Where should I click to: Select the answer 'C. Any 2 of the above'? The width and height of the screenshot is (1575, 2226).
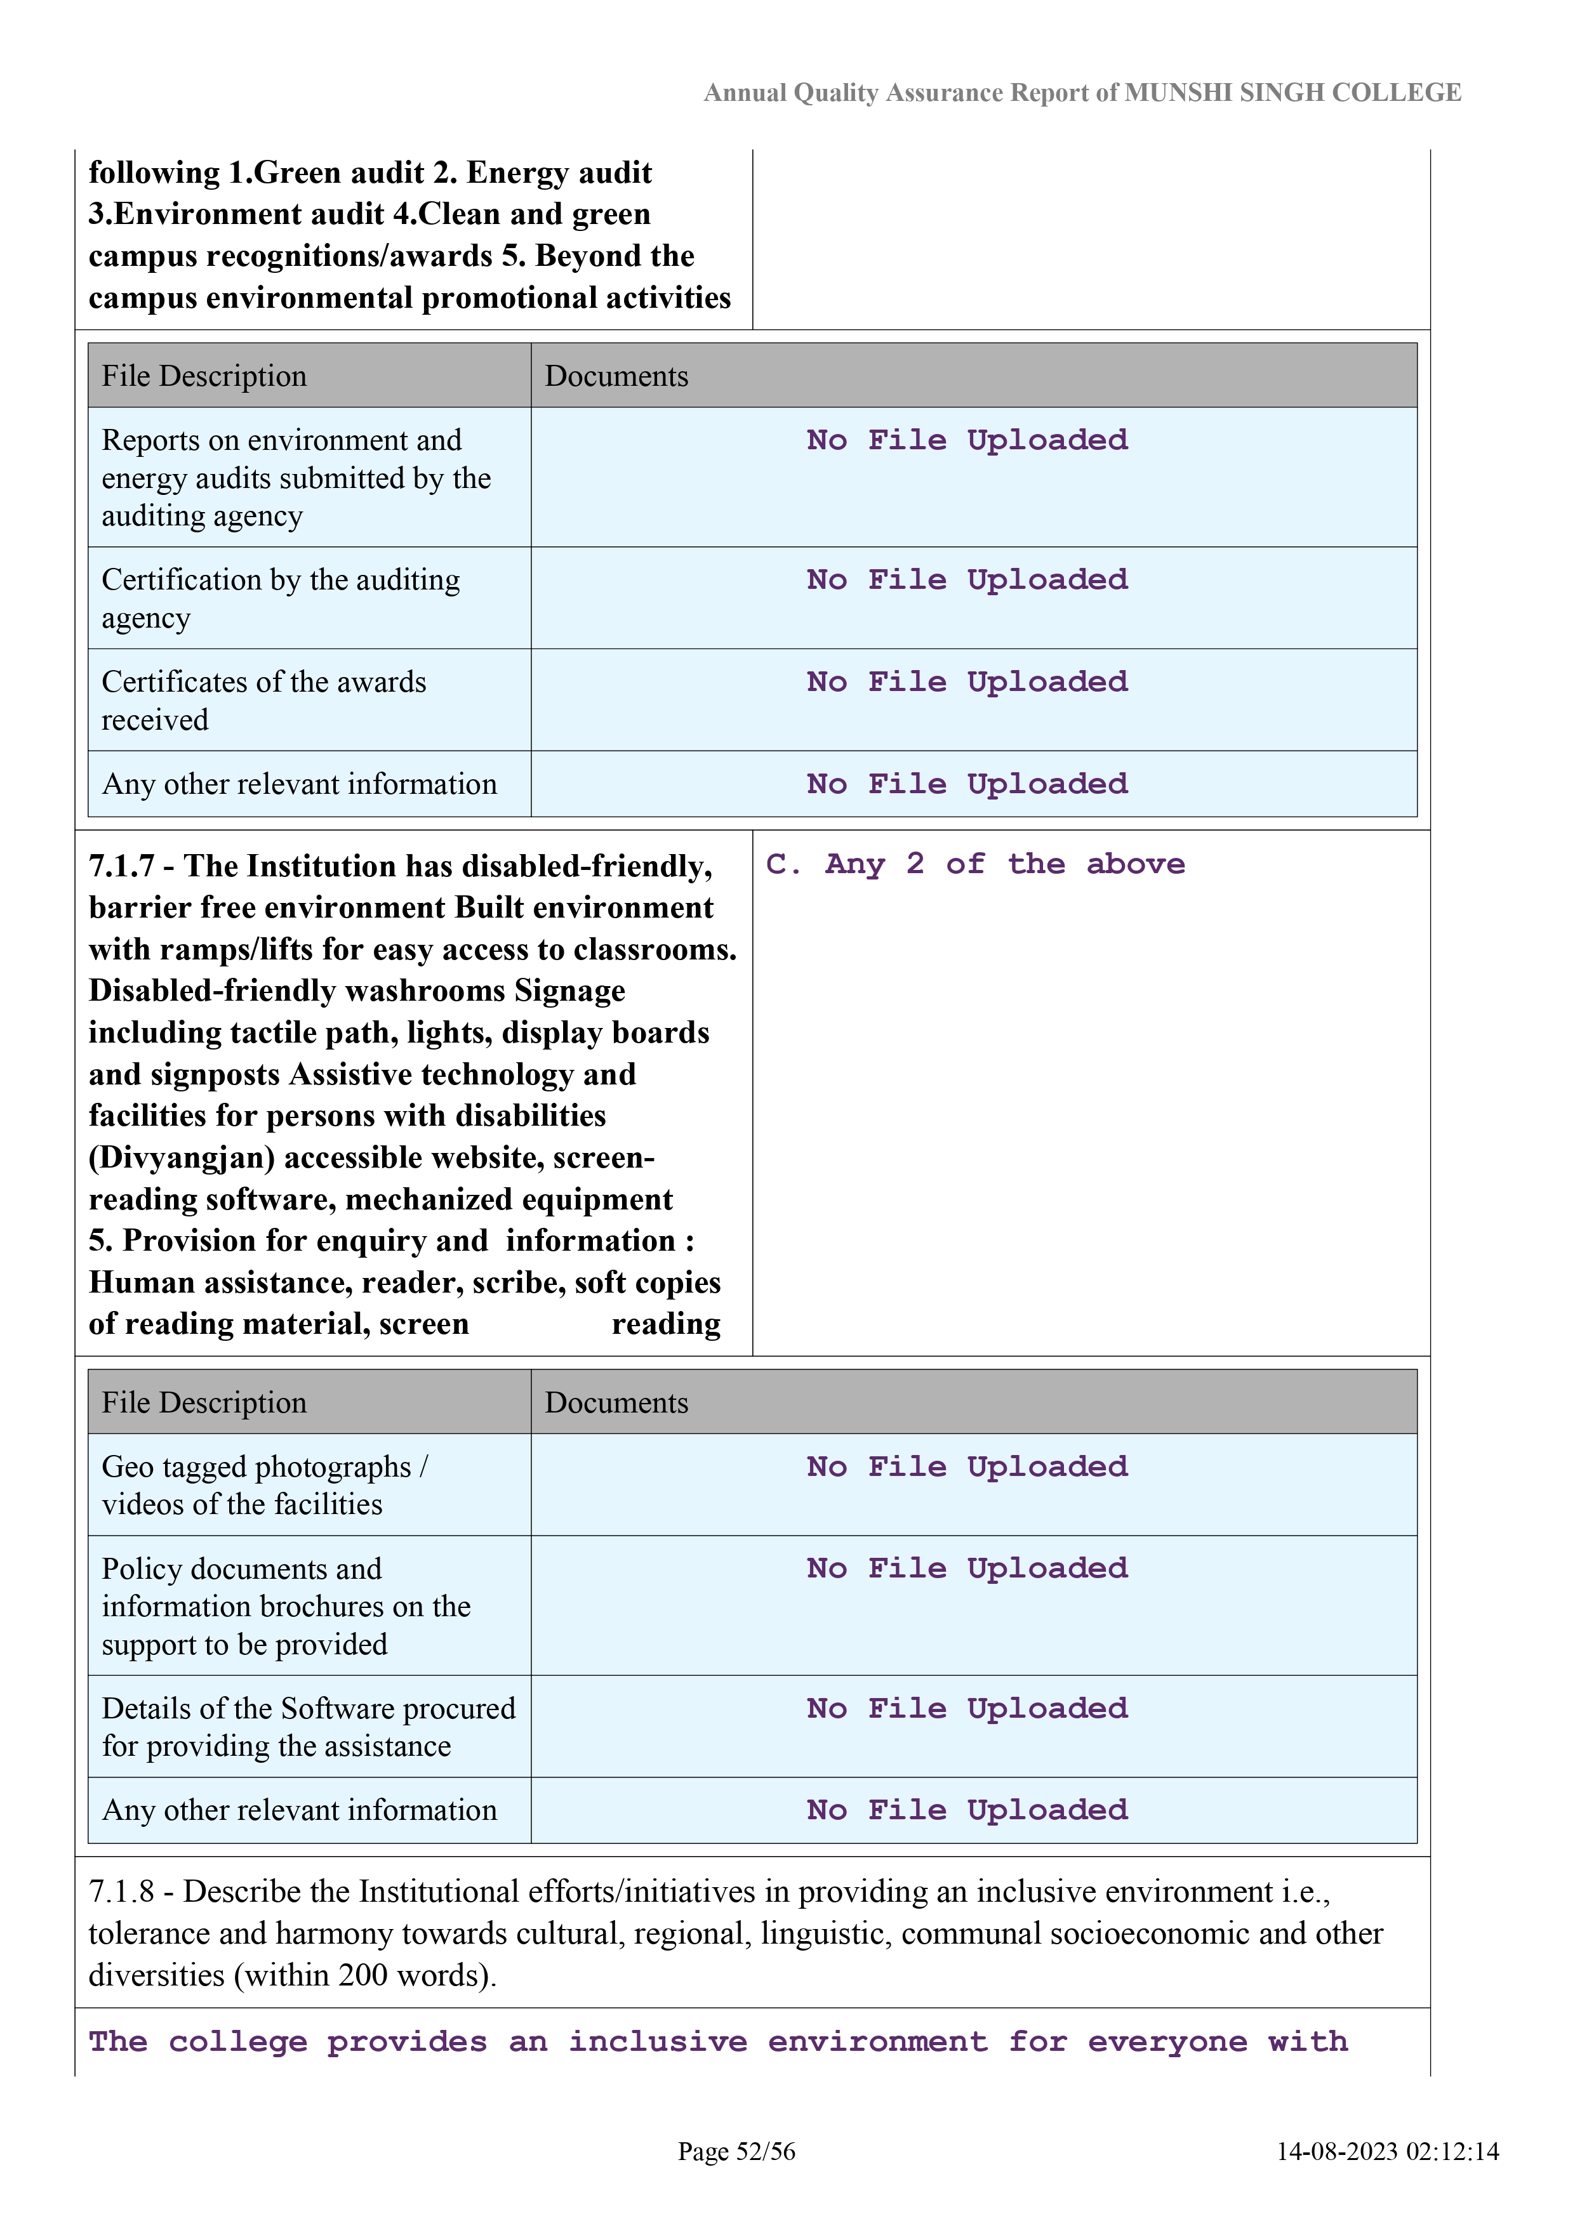(x=974, y=864)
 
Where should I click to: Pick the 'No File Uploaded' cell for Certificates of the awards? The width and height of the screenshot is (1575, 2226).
(x=967, y=682)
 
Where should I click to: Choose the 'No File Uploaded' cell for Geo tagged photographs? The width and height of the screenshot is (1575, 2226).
(x=967, y=1466)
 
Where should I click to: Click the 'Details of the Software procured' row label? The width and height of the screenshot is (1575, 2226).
(x=309, y=1727)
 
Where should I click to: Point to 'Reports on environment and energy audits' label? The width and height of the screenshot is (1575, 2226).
(x=296, y=478)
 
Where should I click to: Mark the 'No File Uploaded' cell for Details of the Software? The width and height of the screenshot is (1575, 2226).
(x=967, y=1708)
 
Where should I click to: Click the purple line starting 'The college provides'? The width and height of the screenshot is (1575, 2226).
(x=718, y=2042)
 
